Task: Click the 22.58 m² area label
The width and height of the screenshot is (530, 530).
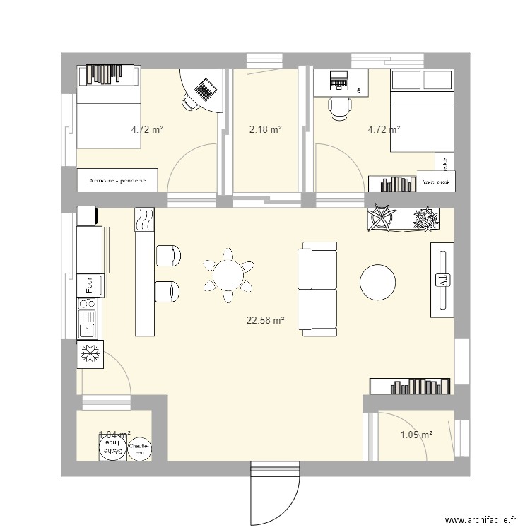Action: pyautogui.click(x=265, y=320)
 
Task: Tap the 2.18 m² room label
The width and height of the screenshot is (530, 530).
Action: pyautogui.click(x=265, y=129)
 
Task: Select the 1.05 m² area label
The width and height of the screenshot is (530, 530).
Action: pyautogui.click(x=416, y=435)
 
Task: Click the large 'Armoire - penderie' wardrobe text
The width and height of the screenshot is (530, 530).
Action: pyautogui.click(x=117, y=181)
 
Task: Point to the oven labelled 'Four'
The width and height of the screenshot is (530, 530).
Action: pyautogui.click(x=90, y=285)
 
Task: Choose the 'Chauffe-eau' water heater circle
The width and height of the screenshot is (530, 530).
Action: pyautogui.click(x=139, y=447)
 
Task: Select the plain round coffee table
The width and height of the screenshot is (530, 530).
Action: pyautogui.click(x=378, y=282)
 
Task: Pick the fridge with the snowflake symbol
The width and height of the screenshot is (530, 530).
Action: pyautogui.click(x=90, y=353)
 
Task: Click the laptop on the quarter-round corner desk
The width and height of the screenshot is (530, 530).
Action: pyautogui.click(x=206, y=89)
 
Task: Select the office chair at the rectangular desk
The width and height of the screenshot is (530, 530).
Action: pyautogui.click(x=340, y=107)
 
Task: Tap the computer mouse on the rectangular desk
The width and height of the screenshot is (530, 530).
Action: pyautogui.click(x=360, y=90)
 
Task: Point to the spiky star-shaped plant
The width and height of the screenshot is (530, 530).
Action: pyautogui.click(x=382, y=218)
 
